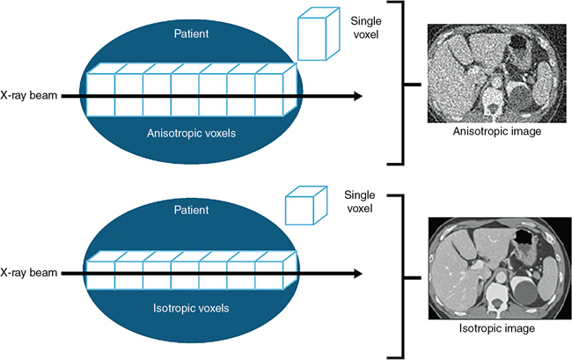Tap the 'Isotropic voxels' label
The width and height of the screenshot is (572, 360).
[x=191, y=308]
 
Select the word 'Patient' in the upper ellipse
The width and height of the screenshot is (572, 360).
[x=191, y=33]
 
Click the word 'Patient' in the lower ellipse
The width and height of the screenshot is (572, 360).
[x=191, y=210]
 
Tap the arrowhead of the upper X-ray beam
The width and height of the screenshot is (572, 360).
[x=356, y=96]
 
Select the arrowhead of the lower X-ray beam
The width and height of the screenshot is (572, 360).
[x=356, y=273]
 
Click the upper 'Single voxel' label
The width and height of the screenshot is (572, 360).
[x=365, y=27]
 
